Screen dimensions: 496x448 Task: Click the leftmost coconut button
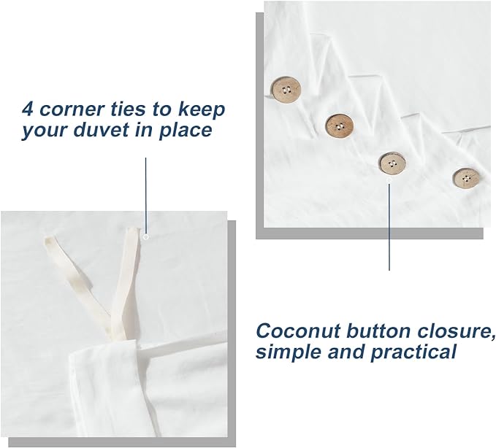[286, 90]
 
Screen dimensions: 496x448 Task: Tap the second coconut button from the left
[340, 126]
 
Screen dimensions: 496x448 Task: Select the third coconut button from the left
[392, 163]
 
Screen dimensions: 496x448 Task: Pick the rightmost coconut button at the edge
[466, 178]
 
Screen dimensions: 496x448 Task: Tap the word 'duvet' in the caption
[102, 130]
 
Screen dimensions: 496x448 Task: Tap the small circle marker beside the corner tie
[146, 236]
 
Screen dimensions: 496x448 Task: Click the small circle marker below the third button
[389, 179]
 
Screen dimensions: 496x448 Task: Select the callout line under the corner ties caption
[146, 196]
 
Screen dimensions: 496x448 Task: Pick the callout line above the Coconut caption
[389, 226]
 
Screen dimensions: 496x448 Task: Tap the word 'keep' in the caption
[202, 110]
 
